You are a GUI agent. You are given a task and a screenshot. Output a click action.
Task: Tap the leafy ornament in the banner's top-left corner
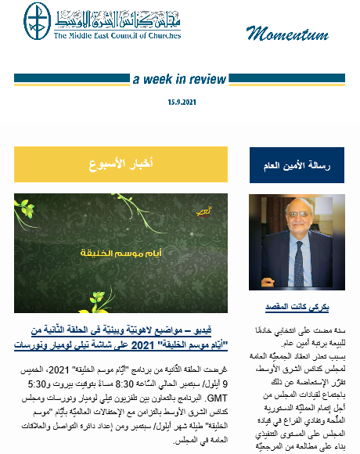point(35,215)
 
